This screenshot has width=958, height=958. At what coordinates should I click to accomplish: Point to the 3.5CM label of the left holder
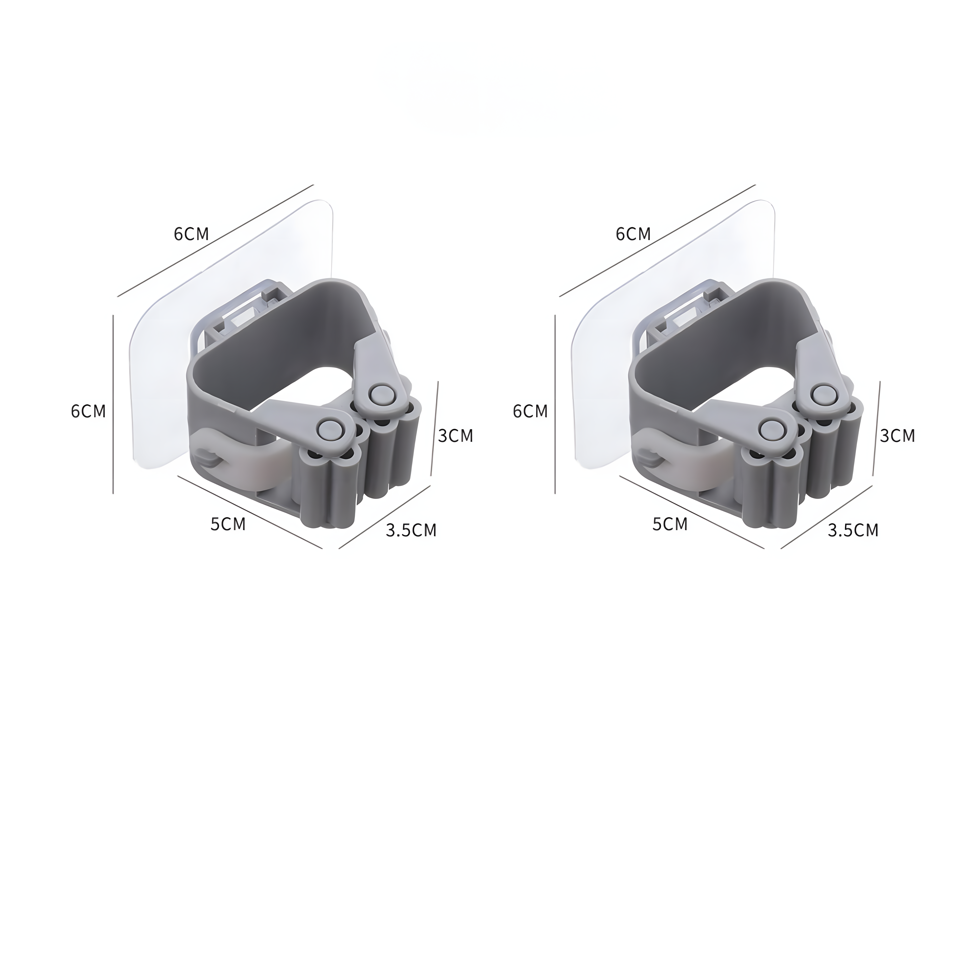coord(411,530)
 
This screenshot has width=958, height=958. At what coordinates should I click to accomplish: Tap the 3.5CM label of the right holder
coord(853,530)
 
